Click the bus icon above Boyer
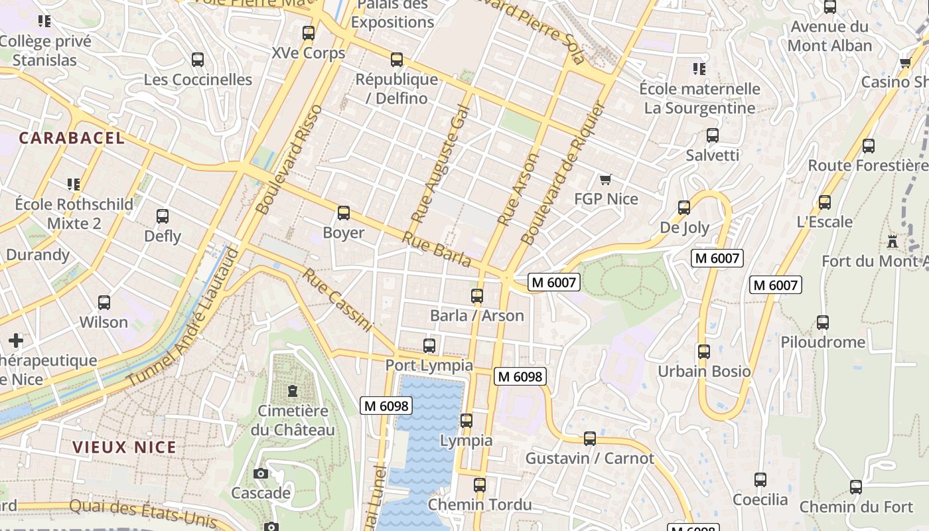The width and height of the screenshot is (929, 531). click(x=343, y=213)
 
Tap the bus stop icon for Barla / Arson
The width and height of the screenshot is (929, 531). click(x=477, y=296)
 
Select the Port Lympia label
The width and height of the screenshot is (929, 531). click(x=429, y=365)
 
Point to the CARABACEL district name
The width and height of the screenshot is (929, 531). click(x=72, y=138)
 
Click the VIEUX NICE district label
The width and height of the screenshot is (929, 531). click(x=124, y=447)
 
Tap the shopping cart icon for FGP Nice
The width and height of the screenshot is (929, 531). click(x=605, y=179)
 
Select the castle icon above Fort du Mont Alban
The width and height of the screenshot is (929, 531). click(x=893, y=242)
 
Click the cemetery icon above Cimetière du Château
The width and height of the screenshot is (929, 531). click(x=293, y=391)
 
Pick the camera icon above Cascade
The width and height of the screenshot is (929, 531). click(x=261, y=473)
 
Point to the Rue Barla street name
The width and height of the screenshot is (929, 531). click(x=437, y=250)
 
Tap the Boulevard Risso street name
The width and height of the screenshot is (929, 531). click(x=289, y=159)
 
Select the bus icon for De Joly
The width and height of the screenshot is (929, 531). click(x=684, y=208)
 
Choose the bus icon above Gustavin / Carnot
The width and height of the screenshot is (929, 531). click(x=589, y=439)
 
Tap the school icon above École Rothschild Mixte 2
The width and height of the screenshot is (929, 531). click(x=74, y=184)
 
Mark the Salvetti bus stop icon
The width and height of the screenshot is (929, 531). click(x=712, y=135)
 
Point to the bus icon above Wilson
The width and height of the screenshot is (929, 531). click(x=104, y=303)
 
